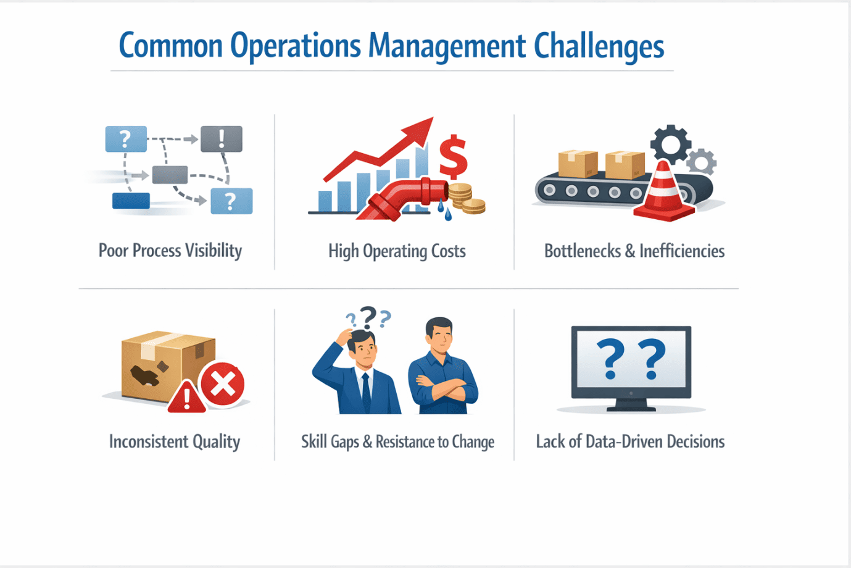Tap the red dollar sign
tap(454, 156)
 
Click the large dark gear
tap(670, 144)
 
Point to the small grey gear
tap(702, 162)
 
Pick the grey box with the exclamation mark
tap(222, 139)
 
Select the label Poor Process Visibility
tap(170, 251)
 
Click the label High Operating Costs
tap(397, 251)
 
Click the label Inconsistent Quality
tap(175, 442)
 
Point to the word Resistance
tap(405, 442)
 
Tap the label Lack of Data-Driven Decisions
tap(630, 442)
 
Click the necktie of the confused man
tap(366, 393)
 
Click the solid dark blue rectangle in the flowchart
tap(131, 201)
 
